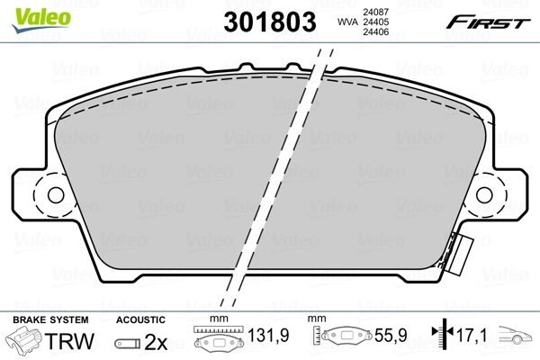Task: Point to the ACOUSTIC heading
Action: pyautogui.click(x=141, y=319)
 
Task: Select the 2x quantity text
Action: pyautogui.click(x=156, y=343)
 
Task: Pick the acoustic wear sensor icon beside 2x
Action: pyautogui.click(x=127, y=344)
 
